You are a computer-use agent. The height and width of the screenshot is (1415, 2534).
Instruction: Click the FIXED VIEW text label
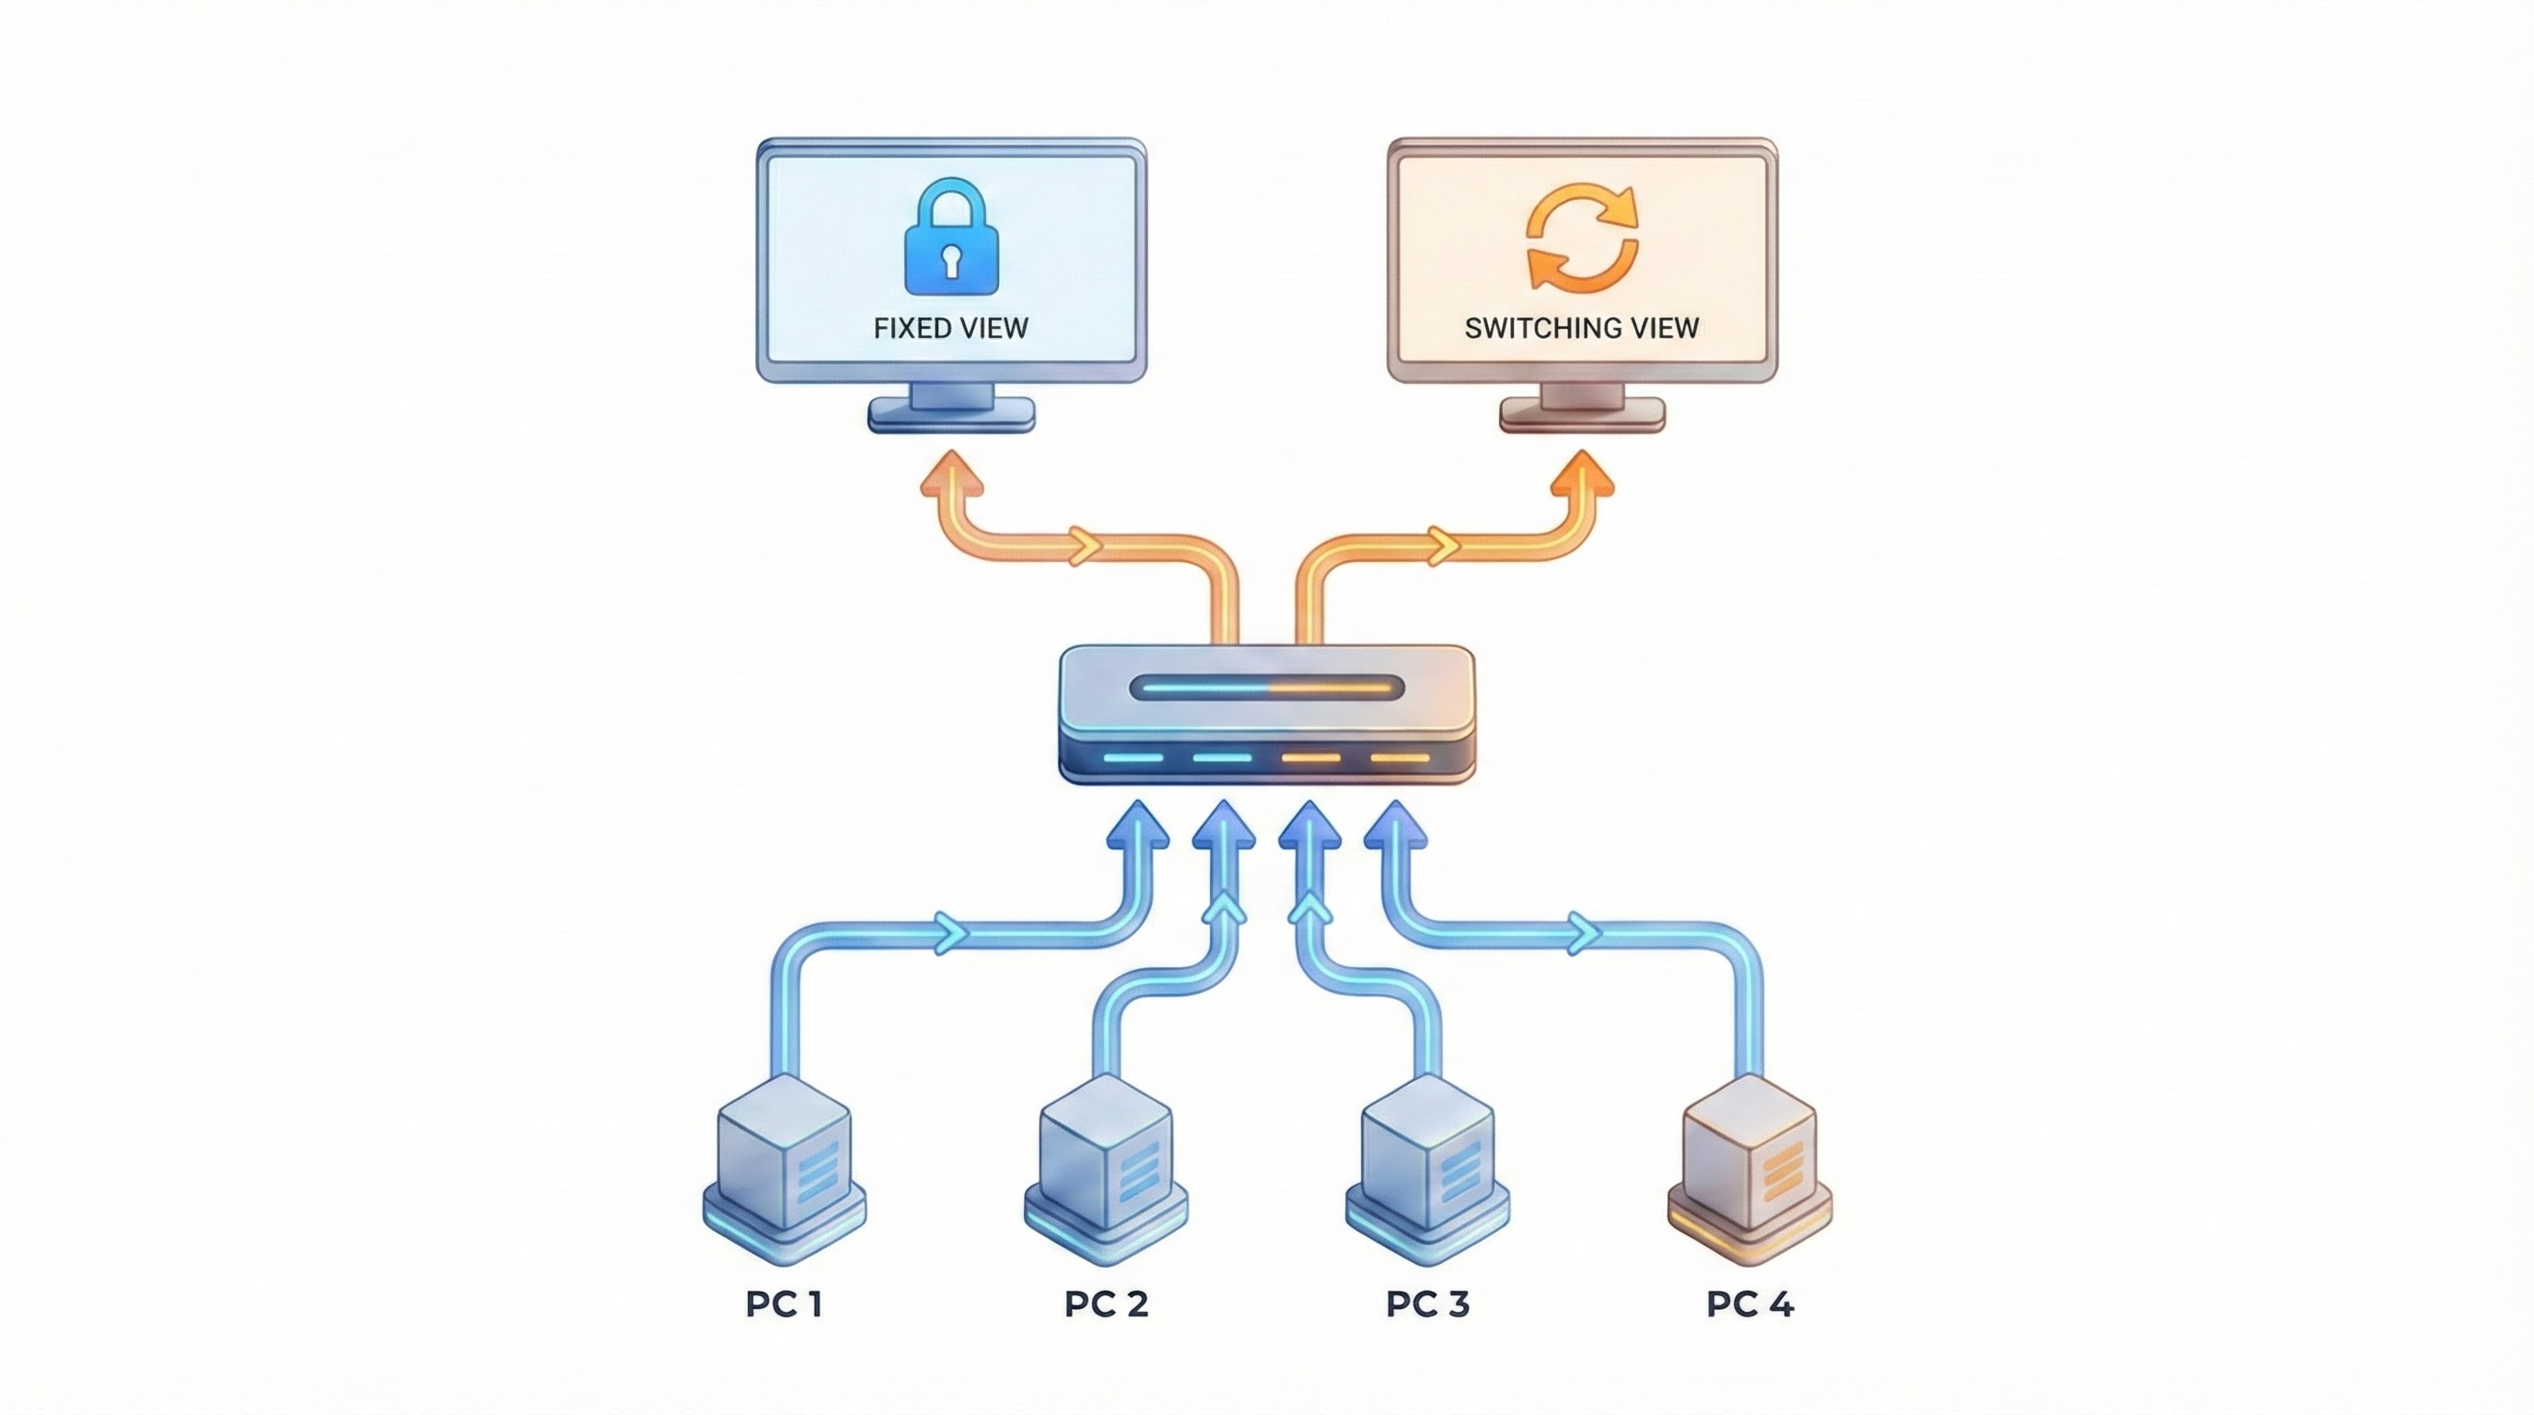click(950, 328)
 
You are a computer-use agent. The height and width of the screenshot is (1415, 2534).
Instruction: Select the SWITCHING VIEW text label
click(1582, 328)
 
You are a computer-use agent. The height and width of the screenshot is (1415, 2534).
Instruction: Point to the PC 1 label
click(784, 1304)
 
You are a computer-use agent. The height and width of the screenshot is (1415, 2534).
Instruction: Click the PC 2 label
click(1107, 1304)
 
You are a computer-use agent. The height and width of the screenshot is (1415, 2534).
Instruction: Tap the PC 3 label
click(1427, 1304)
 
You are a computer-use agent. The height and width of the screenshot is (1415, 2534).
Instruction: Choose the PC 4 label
click(1750, 1304)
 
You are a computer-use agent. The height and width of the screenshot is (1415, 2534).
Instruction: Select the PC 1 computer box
click(784, 1166)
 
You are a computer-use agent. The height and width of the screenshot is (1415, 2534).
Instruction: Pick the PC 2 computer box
click(1107, 1166)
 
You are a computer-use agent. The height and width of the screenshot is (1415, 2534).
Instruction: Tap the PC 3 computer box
click(1427, 1166)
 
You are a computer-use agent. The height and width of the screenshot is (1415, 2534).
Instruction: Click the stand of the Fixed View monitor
click(951, 408)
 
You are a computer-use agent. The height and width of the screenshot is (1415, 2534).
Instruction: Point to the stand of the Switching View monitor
click(1582, 408)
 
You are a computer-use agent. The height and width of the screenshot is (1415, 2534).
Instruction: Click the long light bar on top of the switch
click(1267, 687)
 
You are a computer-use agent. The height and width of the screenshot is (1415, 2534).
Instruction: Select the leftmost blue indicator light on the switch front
click(1133, 757)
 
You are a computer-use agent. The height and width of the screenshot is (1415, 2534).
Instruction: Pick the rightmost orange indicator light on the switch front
click(1400, 757)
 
